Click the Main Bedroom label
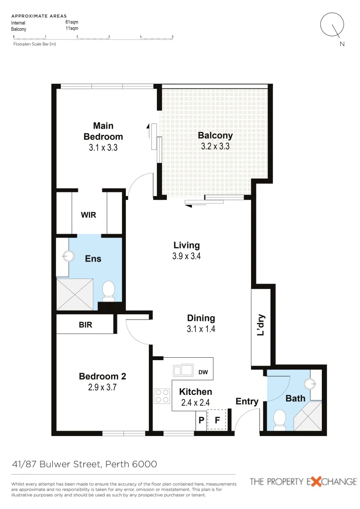coord(103,131)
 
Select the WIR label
coord(89,215)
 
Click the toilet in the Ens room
coord(109,290)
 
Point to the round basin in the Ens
coord(69,256)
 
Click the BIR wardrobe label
coord(85,325)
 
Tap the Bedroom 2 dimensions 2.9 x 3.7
coord(102,388)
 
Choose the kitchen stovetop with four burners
coord(162,395)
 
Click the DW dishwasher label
coord(203,372)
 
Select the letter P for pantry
coord(201,421)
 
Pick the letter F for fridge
coord(217,421)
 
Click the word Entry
coord(247,402)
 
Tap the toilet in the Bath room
coord(280,419)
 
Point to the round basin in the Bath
coord(310,384)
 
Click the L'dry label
coord(261,325)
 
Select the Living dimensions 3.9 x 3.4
coord(187,257)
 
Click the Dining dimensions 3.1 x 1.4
coord(201,329)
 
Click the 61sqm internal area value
coord(72,22)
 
